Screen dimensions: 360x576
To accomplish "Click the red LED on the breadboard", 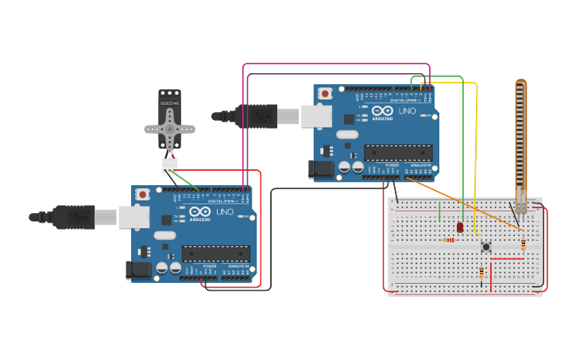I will (x=460, y=227).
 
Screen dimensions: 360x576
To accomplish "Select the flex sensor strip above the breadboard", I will (x=520, y=135).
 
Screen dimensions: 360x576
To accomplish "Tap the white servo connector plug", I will (x=170, y=166).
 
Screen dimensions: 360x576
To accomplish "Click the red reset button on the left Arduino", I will (x=142, y=194).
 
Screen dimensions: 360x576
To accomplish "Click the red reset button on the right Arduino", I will (x=325, y=93).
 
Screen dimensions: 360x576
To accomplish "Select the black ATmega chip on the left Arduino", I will (x=215, y=254).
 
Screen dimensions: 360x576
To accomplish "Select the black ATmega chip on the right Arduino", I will (x=398, y=153).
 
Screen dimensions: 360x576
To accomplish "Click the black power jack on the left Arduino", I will (x=138, y=270).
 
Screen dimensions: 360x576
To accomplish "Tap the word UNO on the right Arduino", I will (x=407, y=111).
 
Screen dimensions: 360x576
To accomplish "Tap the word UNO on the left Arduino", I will (x=224, y=212).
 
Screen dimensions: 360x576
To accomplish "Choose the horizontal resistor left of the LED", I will (x=449, y=239).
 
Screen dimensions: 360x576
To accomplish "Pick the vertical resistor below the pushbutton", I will (x=481, y=273).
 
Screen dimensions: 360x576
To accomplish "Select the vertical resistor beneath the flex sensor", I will (x=523, y=244).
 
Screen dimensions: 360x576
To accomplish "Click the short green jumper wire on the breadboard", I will (x=439, y=211).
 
